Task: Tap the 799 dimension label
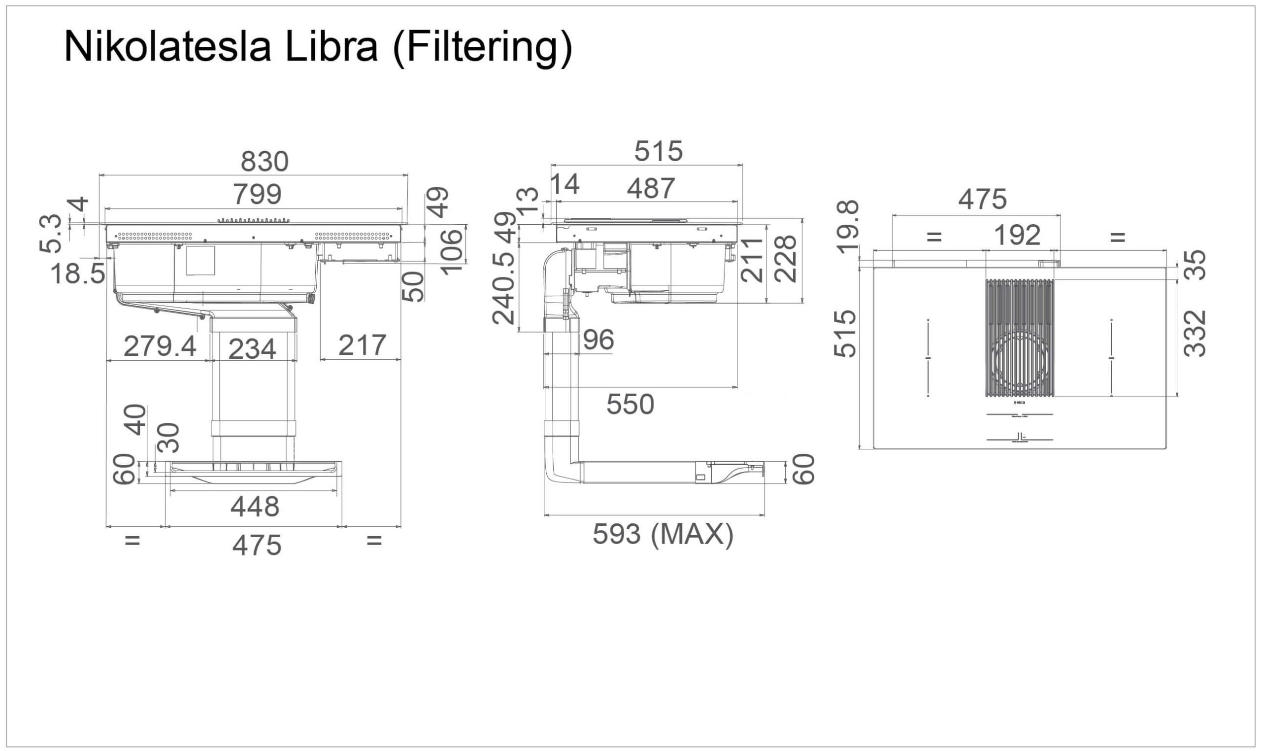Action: pyautogui.click(x=257, y=194)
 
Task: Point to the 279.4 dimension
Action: pyautogui.click(x=159, y=346)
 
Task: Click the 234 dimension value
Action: pyautogui.click(x=252, y=349)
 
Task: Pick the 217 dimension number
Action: pyautogui.click(x=362, y=345)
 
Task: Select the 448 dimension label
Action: pyautogui.click(x=255, y=507)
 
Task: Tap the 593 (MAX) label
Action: pyautogui.click(x=663, y=534)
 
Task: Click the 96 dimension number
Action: pyautogui.click(x=598, y=340)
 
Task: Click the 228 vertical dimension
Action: pyautogui.click(x=785, y=259)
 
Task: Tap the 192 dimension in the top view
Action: pyautogui.click(x=1017, y=236)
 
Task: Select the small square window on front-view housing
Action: pyautogui.click(x=200, y=261)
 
